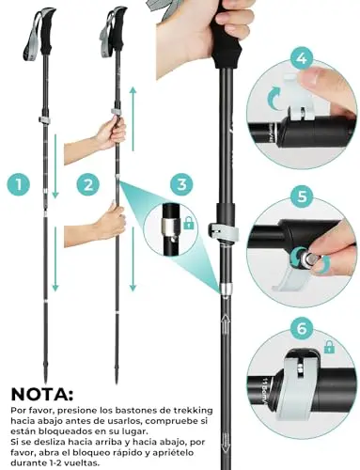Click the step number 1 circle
coord(19,184)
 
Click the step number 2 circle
coord(88,184)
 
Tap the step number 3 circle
coord(182,184)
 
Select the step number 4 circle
coord(302,57)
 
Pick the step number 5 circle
coord(302,196)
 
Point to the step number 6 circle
coord(302,329)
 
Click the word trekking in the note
coord(193,410)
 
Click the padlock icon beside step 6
coord(328,347)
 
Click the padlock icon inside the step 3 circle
coord(188,223)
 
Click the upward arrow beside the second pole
coord(133,119)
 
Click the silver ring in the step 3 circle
coord(168,227)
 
